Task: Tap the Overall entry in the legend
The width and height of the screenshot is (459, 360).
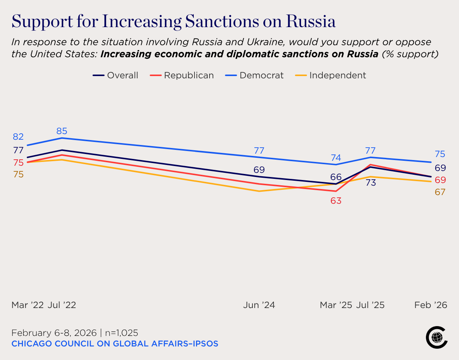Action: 116,75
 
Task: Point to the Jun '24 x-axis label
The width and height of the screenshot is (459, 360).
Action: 259,305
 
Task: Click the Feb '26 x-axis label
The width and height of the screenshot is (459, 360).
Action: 431,305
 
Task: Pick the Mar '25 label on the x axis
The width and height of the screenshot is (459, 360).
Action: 336,305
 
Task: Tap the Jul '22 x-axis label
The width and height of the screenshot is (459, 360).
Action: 62,305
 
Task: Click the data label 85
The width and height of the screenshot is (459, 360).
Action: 62,131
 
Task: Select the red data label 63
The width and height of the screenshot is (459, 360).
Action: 336,201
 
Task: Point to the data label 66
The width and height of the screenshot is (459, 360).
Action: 336,177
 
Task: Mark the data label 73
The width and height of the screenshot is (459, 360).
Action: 371,183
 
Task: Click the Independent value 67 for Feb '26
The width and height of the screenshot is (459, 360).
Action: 440,192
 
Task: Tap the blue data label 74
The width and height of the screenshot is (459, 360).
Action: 336,157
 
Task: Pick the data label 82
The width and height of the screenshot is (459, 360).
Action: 18,137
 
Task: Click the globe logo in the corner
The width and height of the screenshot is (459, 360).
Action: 436,337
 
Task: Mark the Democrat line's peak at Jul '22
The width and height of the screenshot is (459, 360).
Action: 62,138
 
